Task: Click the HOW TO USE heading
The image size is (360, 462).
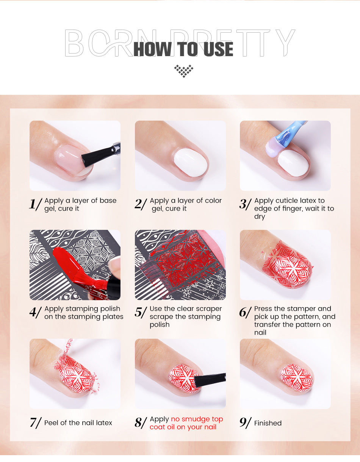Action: pos(183,49)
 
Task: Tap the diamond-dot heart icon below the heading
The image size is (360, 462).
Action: pos(184,71)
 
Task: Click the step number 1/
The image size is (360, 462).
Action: pos(36,204)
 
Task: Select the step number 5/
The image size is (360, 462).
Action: pos(141,312)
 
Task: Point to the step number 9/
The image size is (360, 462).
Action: pos(246,423)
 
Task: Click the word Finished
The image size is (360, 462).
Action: pos(268,423)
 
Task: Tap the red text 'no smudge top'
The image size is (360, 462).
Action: pos(197,419)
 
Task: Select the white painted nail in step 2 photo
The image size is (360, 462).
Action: pos(191,162)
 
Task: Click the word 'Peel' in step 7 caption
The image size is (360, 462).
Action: pos(51,423)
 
